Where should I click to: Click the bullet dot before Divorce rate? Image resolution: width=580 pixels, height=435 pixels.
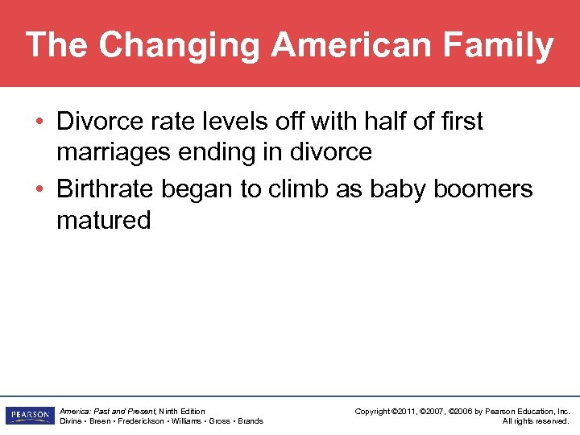39,122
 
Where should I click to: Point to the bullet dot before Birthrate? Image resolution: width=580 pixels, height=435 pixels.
39,190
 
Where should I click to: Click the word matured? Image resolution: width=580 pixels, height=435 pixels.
103,220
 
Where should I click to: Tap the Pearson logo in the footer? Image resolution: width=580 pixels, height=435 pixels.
28,416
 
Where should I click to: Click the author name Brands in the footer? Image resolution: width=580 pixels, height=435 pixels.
250,421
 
